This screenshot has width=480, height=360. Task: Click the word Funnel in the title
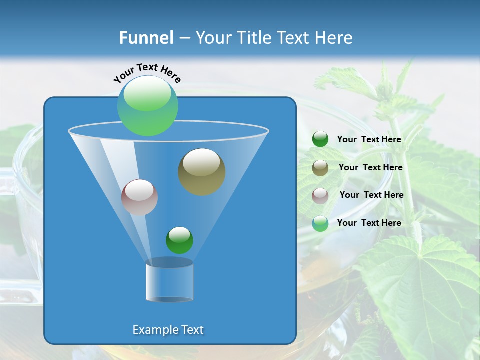coord(146,38)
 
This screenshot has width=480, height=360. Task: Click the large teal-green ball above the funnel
coord(148,106)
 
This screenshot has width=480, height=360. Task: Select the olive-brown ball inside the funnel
coord(201,172)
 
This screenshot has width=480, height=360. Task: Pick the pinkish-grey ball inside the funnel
coord(139,197)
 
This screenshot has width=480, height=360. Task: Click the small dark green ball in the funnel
coord(179,240)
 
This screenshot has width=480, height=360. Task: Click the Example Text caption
coord(168,330)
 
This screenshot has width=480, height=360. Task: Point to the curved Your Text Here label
coord(147,72)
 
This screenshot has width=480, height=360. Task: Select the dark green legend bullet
coord(320,139)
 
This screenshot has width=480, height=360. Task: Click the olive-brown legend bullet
coord(320,168)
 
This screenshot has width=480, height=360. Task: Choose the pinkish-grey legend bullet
coord(320,195)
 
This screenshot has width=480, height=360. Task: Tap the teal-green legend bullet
coord(320,223)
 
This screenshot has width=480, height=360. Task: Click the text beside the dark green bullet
coord(369,140)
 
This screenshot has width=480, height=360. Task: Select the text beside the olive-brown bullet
coord(370,168)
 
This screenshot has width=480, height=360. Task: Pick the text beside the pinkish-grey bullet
coord(371,195)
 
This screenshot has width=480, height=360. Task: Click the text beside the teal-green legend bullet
coord(369,223)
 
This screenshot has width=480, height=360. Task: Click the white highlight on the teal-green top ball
coord(147,93)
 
